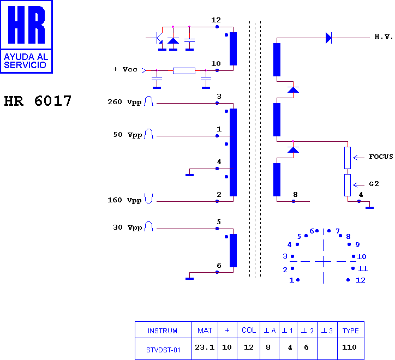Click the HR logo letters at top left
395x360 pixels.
(26, 25)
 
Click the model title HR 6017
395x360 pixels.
(38, 101)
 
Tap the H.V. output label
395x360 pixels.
(384, 37)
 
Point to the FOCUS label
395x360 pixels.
(381, 157)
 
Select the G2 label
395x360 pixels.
(374, 184)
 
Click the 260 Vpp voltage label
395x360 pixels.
(124, 102)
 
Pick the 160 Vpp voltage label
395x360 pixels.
(124, 200)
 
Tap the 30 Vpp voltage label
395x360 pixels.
(128, 227)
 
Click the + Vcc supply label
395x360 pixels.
(125, 69)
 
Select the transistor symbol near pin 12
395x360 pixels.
(159, 38)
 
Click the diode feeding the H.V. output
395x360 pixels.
(329, 38)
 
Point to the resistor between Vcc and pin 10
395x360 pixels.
(184, 71)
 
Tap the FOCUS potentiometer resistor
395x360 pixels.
(348, 158)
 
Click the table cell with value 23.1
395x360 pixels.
(205, 347)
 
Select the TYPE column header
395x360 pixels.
(350, 331)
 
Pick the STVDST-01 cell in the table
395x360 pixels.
(163, 350)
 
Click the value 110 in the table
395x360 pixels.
(349, 347)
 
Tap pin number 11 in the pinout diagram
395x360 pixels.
(363, 269)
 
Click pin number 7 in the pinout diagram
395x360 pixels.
(338, 231)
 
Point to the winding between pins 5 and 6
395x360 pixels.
(234, 251)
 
